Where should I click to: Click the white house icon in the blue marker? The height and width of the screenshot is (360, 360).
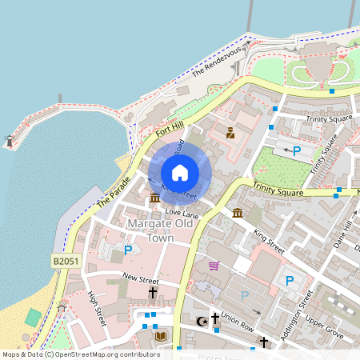click(x=180, y=172)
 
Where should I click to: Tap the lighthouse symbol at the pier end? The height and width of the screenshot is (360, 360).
click(x=10, y=142)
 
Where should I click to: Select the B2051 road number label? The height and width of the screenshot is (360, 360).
click(x=67, y=261)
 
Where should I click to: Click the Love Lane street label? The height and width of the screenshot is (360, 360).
click(x=182, y=214)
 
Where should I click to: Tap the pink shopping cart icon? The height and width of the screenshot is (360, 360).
click(x=214, y=266)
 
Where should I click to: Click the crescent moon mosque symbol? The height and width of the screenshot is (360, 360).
click(x=202, y=321)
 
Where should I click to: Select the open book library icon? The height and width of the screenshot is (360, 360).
click(x=160, y=336)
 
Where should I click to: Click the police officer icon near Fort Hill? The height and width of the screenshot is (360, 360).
click(x=230, y=133)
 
